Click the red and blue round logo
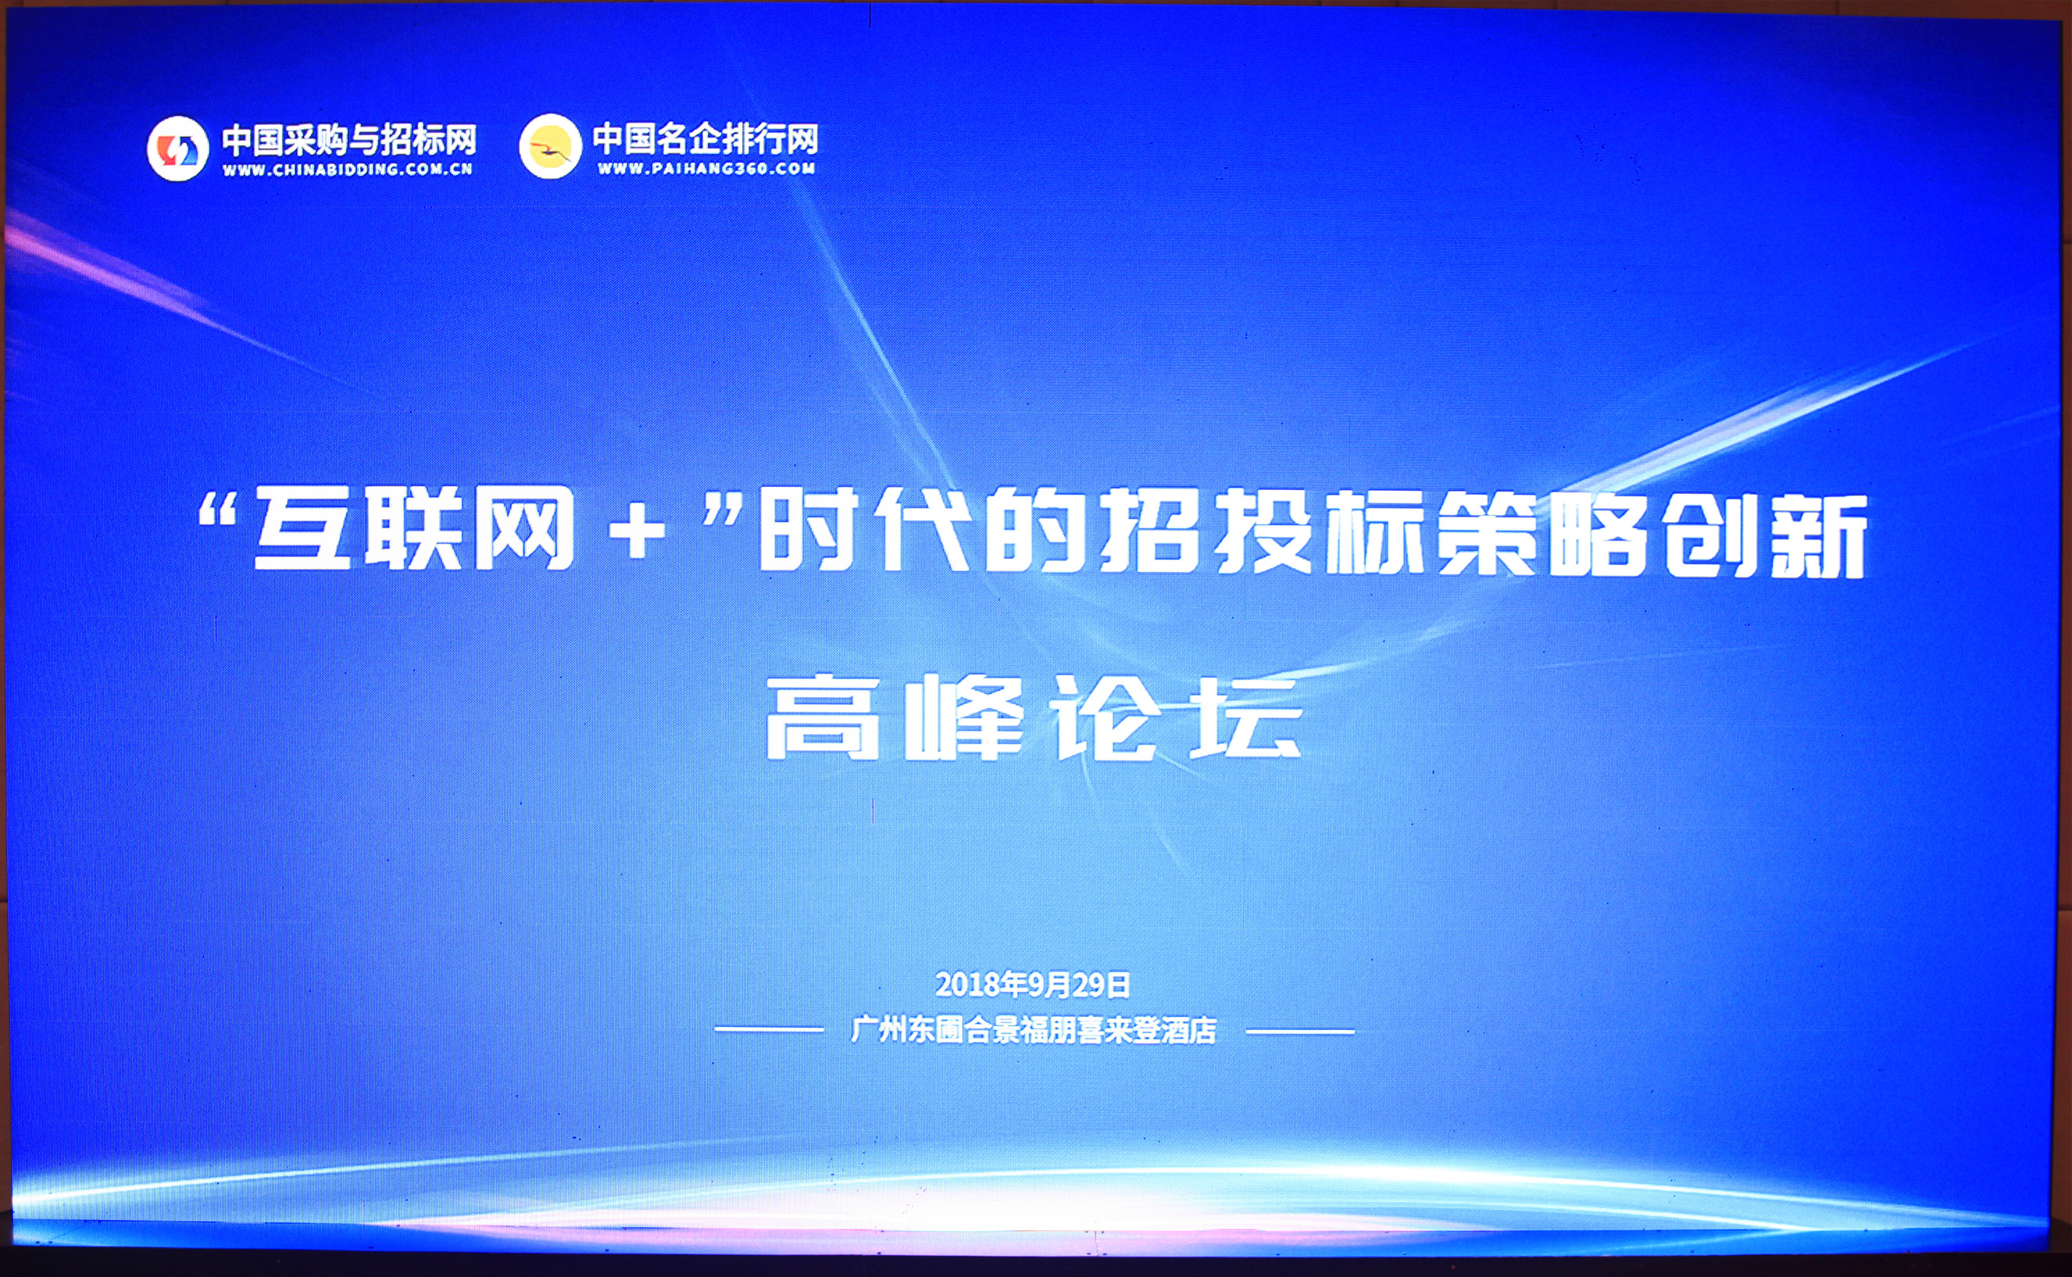click(177, 148)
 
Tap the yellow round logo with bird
click(550, 145)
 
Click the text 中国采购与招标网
click(348, 139)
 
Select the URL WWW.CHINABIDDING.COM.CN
click(347, 169)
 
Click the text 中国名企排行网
click(705, 138)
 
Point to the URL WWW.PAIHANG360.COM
click(706, 168)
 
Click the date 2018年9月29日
click(1033, 984)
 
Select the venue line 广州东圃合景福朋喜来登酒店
click(1034, 1030)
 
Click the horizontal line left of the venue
click(768, 1029)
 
